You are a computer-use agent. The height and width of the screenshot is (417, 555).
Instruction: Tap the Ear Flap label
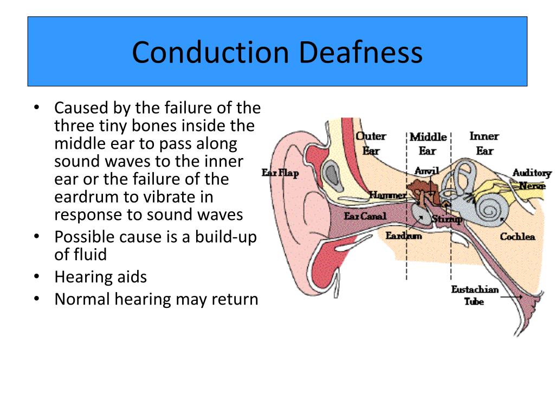[x=280, y=173]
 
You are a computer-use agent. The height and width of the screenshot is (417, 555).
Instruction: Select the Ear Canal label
[x=365, y=216]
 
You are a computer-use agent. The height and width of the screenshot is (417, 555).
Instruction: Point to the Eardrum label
[x=404, y=236]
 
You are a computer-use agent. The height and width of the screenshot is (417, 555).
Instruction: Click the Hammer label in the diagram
[x=388, y=195]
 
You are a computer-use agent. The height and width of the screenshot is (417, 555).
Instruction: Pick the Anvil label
[x=426, y=170]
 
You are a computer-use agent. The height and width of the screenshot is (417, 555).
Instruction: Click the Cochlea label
[x=517, y=236]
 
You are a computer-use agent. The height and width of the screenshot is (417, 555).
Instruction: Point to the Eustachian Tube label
[x=474, y=295]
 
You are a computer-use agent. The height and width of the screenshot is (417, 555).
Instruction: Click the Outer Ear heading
[x=371, y=143]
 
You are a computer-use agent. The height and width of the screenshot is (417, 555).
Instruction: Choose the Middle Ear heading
[x=428, y=143]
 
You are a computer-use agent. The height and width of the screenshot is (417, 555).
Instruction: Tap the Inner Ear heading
[x=483, y=143]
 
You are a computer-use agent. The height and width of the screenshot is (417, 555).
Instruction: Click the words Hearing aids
[x=100, y=277]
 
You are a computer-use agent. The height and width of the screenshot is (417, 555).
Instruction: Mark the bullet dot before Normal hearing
[x=36, y=299]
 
